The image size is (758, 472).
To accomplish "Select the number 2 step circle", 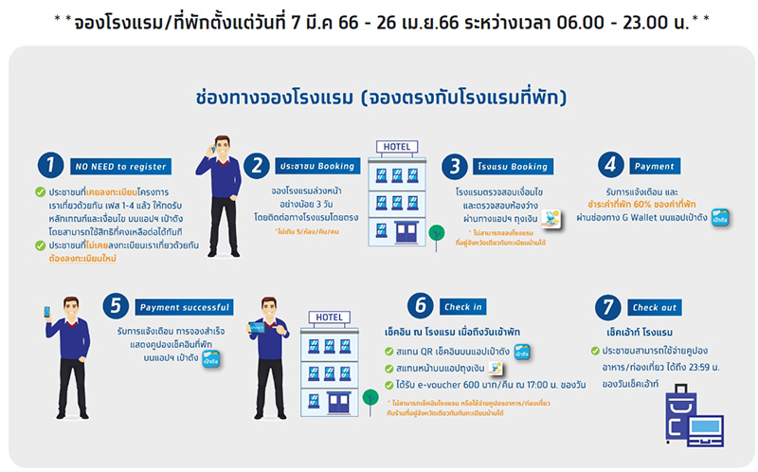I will point(256,165).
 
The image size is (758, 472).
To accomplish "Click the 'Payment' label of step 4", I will point(654,166).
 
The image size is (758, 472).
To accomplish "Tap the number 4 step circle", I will point(610,165).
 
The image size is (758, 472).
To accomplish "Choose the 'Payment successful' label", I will point(185,307).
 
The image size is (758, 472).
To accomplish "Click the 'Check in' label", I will point(462,307).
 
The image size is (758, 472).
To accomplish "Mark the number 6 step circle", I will point(418,306).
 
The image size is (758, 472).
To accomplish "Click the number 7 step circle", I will point(608,306).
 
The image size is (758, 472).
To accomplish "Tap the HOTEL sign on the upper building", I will point(394,147).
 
